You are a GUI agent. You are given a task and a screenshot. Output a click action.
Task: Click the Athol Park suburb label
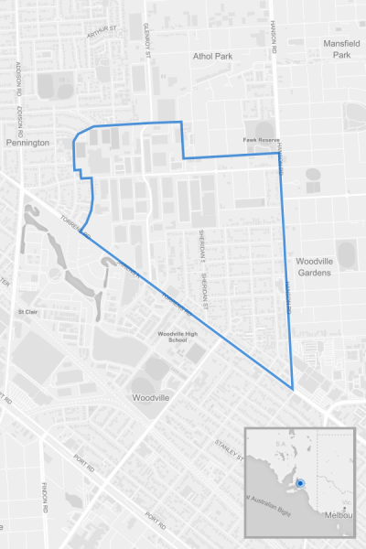tap(212, 56)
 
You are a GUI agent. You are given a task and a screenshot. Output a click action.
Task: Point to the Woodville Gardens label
tap(318, 266)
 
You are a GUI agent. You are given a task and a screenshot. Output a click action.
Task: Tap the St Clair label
tap(27, 311)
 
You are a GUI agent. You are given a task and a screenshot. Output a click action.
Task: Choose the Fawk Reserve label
tap(260, 140)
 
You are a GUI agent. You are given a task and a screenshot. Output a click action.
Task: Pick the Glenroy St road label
tap(146, 42)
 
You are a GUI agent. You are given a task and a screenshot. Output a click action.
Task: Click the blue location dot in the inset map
tap(299, 481)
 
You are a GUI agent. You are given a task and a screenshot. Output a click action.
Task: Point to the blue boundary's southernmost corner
tap(293, 390)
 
